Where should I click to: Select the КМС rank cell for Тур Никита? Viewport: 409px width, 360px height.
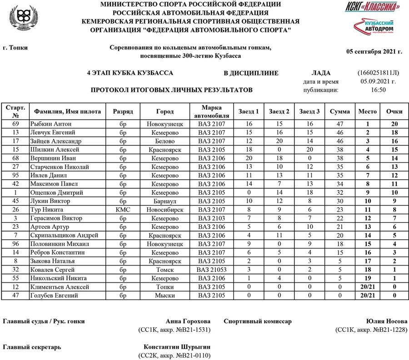(x=123, y=210)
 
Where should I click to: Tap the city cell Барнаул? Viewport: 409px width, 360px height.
(x=165, y=201)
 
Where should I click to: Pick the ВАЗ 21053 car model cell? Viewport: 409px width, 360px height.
(x=211, y=270)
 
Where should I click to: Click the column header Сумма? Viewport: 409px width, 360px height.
(x=339, y=111)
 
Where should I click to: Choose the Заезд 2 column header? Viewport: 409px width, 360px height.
(x=279, y=111)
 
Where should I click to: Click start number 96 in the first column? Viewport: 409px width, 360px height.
(x=15, y=244)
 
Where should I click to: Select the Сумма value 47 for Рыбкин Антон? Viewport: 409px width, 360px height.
(x=339, y=123)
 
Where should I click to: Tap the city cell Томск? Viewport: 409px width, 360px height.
(x=165, y=270)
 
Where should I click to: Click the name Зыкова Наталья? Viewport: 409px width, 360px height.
(x=50, y=261)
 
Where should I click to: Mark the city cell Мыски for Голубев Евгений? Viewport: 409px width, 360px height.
(x=165, y=296)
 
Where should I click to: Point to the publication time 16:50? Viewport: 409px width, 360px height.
(x=378, y=90)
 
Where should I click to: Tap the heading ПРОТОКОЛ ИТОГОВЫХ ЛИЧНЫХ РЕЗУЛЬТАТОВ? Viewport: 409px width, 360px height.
(x=171, y=90)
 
